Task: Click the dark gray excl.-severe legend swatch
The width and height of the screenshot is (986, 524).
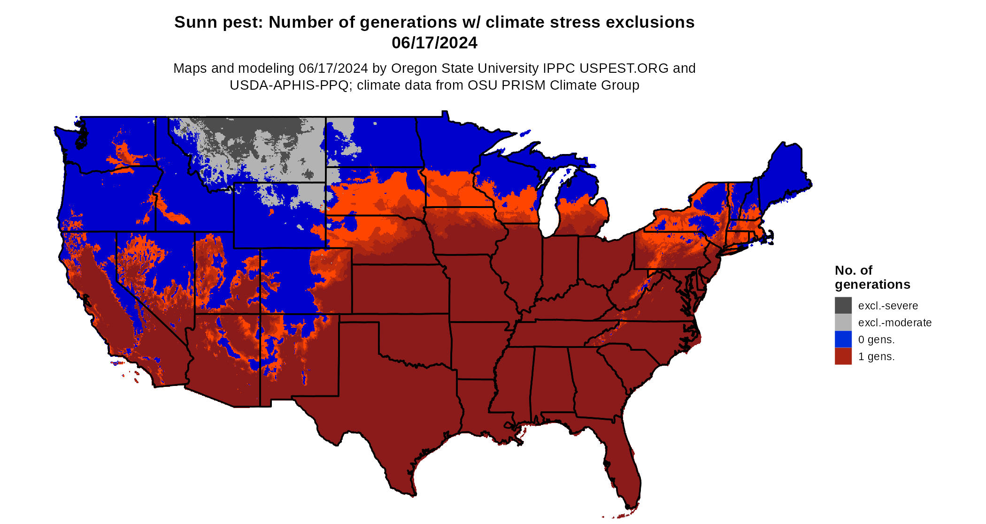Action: (x=843, y=305)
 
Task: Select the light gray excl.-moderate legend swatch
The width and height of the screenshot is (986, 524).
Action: (x=843, y=322)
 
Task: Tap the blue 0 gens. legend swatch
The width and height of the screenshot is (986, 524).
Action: (x=843, y=339)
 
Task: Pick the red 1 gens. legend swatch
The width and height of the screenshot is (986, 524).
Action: (x=843, y=356)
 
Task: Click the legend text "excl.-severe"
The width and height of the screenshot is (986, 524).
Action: (x=887, y=306)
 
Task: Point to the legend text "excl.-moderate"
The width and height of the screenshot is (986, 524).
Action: (x=894, y=323)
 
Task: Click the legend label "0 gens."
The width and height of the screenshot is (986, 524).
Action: (x=876, y=339)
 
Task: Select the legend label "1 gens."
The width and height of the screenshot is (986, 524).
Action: (x=876, y=356)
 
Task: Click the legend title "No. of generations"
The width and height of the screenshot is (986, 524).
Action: (x=872, y=277)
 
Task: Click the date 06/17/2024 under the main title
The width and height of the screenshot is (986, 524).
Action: (x=434, y=43)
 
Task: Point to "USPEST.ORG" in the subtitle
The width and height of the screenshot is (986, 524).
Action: (x=624, y=68)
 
